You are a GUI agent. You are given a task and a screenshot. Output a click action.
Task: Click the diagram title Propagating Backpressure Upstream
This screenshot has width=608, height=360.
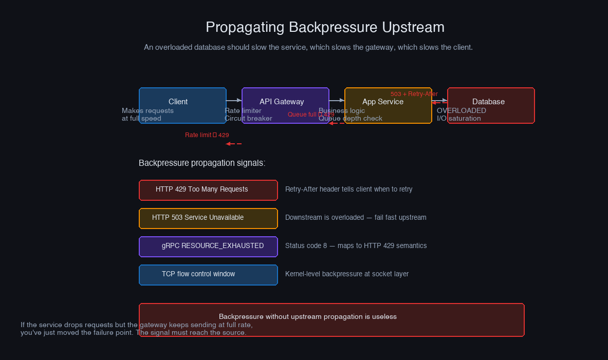(x=325, y=27)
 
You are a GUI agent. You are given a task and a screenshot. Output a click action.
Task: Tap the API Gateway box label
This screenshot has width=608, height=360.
(x=282, y=102)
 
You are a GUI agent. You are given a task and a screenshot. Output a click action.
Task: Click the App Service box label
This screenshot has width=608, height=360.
(x=383, y=102)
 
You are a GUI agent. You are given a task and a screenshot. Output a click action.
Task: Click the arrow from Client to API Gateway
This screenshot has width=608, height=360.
(x=234, y=100)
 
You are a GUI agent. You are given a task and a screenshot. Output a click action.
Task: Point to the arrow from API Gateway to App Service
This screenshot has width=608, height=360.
(x=337, y=100)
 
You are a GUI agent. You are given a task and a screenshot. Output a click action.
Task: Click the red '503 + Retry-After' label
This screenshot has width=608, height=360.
(x=414, y=94)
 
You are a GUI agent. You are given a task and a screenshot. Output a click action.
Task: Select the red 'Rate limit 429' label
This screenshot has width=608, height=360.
(x=207, y=135)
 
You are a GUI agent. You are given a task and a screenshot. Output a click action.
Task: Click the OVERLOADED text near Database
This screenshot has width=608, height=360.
(x=462, y=110)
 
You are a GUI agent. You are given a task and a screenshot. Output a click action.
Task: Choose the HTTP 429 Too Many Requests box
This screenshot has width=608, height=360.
(x=208, y=190)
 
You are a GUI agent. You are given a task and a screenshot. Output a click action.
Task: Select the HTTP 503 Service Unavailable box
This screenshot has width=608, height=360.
(x=208, y=218)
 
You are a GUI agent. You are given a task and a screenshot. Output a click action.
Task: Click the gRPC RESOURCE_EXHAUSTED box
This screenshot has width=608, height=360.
(x=208, y=246)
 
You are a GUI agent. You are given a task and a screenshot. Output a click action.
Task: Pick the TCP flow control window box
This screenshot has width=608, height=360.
(x=208, y=274)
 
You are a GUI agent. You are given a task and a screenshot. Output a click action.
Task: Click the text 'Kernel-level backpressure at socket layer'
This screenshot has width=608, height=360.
(x=347, y=274)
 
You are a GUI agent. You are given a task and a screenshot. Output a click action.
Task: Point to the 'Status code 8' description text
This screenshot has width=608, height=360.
(x=356, y=246)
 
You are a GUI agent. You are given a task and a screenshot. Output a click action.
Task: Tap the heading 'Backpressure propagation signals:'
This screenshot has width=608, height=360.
(x=202, y=163)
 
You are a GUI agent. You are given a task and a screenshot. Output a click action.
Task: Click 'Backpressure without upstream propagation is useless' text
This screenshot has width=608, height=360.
(x=308, y=317)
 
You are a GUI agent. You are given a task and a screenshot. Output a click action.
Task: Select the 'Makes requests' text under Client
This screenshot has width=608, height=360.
(x=148, y=111)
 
